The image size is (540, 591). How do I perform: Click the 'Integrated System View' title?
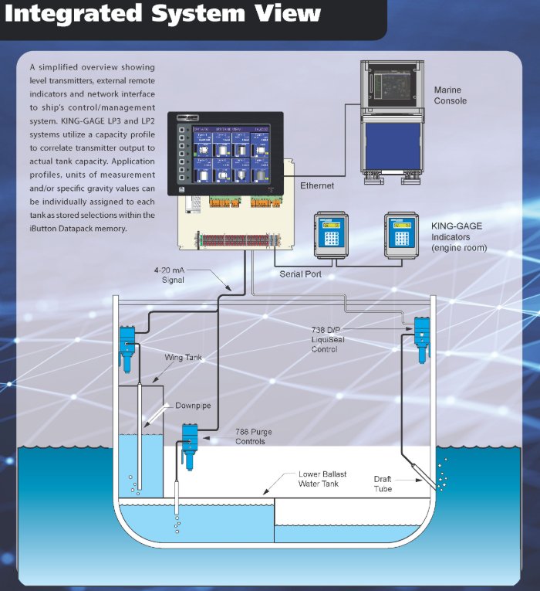pyautogui.click(x=163, y=14)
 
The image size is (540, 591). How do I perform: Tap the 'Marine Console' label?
pyautogui.click(x=450, y=95)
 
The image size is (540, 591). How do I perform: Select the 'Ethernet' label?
pyautogui.click(x=317, y=185)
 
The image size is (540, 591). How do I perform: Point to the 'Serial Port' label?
pyautogui.click(x=301, y=274)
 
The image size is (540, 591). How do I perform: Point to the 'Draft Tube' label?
pyautogui.click(x=383, y=484)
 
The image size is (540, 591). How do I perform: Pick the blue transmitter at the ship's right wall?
pyautogui.click(x=421, y=337)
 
